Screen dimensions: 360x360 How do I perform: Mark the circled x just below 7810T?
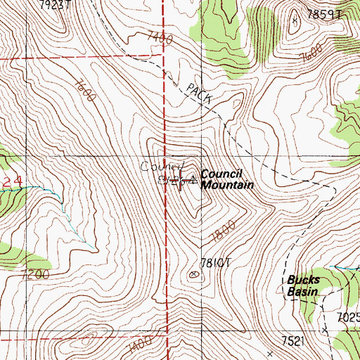(195, 274)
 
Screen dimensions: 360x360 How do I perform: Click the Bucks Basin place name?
(303, 285)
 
